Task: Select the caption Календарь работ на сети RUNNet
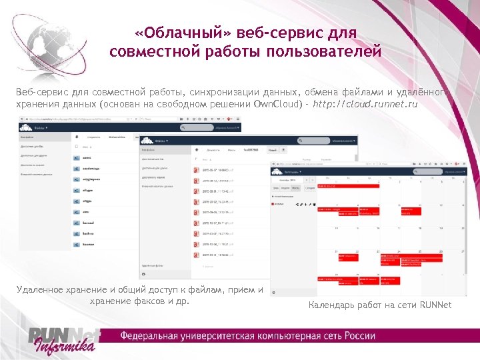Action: pyautogui.click(x=380, y=305)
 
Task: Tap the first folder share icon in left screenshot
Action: pyautogui.click(x=77, y=159)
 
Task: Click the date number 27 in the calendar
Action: pyautogui.click(x=463, y=251)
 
